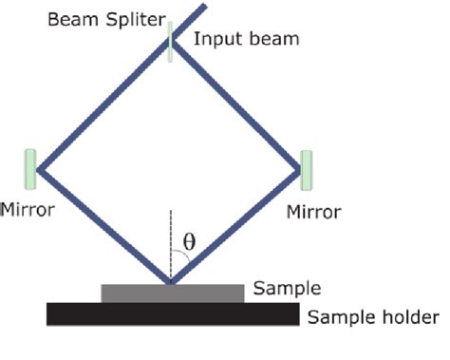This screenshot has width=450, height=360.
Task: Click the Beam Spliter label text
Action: click(x=106, y=19)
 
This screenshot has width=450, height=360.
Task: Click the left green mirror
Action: click(x=30, y=168)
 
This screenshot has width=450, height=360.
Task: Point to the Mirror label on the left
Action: click(x=28, y=208)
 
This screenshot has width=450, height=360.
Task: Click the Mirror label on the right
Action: click(x=313, y=211)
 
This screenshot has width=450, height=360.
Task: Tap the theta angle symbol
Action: click(x=188, y=242)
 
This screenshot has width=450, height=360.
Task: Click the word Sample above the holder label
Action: click(x=288, y=289)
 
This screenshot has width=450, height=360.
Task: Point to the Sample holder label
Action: click(x=373, y=317)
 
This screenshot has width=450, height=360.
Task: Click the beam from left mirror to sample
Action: click(x=103, y=226)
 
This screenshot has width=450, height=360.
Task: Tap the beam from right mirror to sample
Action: click(x=237, y=226)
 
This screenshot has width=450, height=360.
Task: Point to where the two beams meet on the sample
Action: click(x=171, y=282)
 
